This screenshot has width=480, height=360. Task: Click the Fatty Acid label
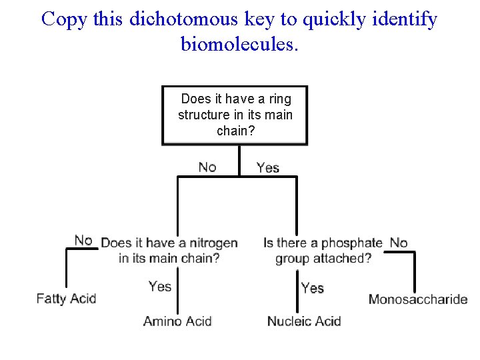(x=66, y=299)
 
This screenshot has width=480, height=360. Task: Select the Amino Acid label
(x=177, y=321)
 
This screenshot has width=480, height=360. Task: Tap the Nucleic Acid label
(x=304, y=321)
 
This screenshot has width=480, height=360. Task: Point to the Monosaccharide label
(x=418, y=299)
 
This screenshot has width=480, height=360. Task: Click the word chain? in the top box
(x=235, y=131)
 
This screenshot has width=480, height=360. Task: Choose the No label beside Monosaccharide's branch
(x=399, y=243)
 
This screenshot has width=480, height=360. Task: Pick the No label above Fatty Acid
(x=83, y=240)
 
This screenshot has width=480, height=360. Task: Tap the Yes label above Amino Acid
(x=160, y=287)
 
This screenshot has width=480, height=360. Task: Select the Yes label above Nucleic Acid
(x=312, y=288)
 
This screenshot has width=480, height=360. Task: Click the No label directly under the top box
(x=207, y=167)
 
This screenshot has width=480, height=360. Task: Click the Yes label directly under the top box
(x=268, y=167)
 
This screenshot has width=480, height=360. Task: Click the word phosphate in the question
(x=352, y=243)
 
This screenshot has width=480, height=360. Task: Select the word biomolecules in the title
(x=237, y=44)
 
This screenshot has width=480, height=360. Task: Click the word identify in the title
(x=407, y=19)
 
